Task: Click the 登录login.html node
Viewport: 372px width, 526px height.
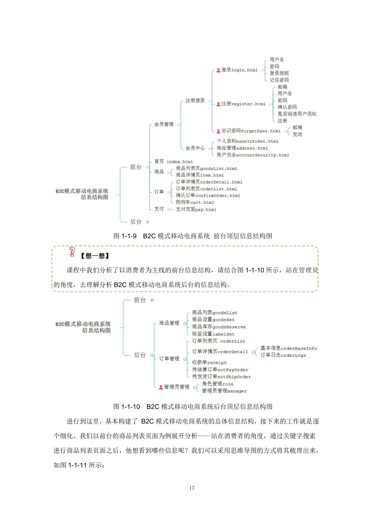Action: coord(239,70)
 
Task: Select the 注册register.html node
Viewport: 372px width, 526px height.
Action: coord(243,104)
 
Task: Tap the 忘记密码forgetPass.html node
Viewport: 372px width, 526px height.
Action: coord(251,131)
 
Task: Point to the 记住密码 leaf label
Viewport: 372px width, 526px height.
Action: coord(279,80)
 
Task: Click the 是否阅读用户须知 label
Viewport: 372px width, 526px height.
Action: coord(297,114)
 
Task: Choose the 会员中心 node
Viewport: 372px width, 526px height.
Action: coord(195,148)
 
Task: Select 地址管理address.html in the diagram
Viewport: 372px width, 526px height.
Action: coord(242,148)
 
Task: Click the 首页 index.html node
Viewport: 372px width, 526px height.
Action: coord(173,161)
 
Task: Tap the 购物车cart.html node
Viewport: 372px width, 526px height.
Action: coord(195,202)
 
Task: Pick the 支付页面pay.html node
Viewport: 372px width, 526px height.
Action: coord(196,209)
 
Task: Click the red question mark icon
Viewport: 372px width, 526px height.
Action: coord(72,252)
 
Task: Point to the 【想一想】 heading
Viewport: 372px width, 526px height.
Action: coord(95,256)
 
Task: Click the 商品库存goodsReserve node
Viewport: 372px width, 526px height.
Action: coord(219,327)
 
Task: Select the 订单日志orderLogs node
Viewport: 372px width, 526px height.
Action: coord(283,355)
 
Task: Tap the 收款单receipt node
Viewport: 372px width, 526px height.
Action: coord(209,362)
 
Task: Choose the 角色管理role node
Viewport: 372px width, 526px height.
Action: coord(217,384)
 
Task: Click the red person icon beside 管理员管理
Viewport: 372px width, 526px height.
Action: coord(161,387)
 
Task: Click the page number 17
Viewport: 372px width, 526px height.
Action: coord(192,488)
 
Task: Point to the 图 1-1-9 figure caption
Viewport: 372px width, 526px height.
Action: coord(193,236)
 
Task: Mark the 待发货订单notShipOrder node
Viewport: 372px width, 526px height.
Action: coord(221,377)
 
